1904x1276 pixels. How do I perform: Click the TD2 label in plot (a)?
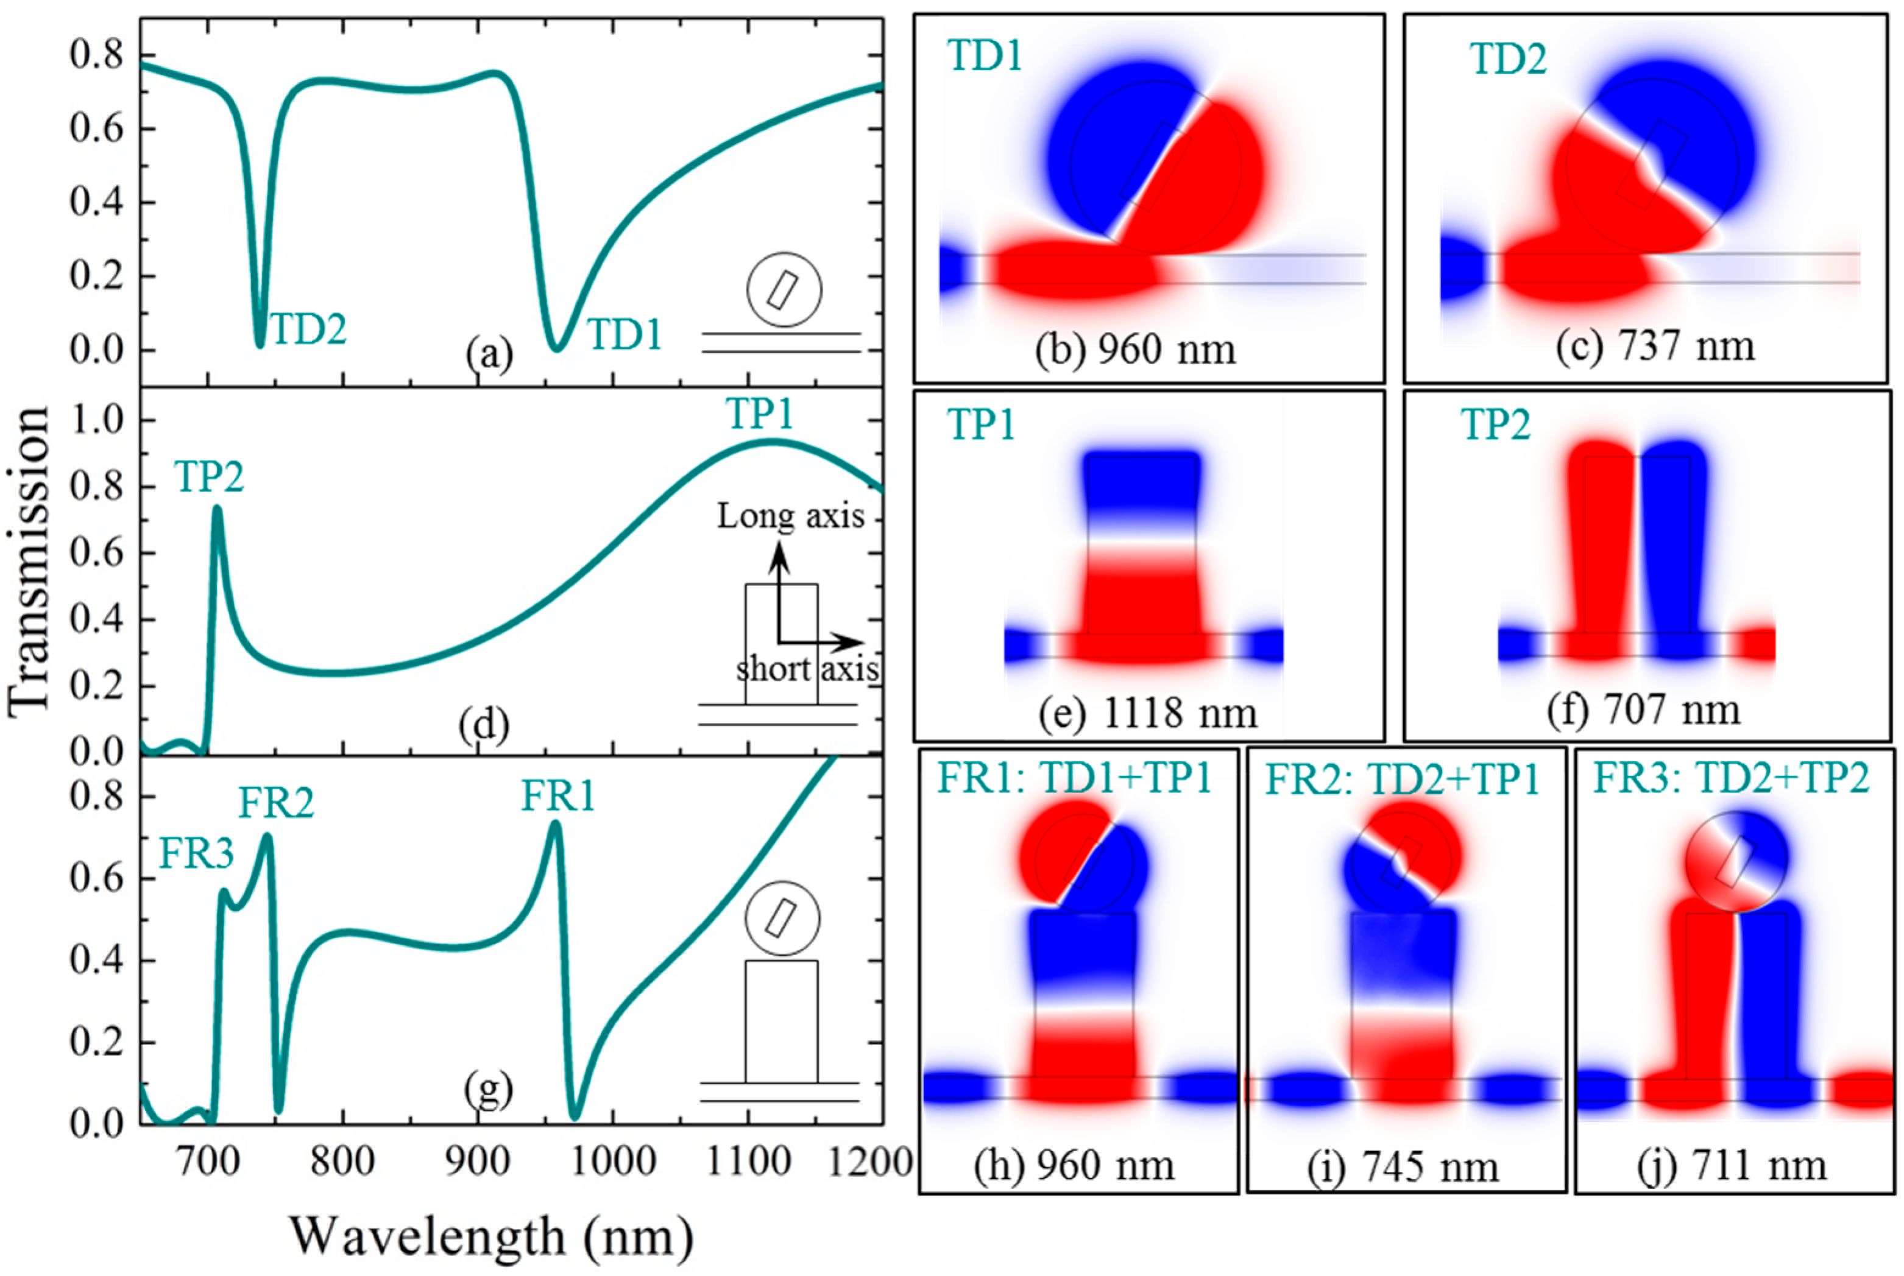(x=308, y=329)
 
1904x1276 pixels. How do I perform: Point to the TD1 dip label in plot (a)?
(x=625, y=334)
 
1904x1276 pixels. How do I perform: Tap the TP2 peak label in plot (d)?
(x=209, y=477)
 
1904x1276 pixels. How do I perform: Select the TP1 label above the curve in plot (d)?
(x=759, y=414)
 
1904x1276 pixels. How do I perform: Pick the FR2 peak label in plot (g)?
(x=276, y=804)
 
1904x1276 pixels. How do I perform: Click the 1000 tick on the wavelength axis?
(x=612, y=1162)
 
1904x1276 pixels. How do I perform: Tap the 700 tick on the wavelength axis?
(x=208, y=1162)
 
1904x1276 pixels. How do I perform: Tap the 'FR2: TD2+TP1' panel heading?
(x=1403, y=780)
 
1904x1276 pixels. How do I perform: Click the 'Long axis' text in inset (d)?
(x=790, y=516)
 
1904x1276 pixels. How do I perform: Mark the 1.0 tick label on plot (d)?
(x=97, y=421)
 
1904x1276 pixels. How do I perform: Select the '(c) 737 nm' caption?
(x=1655, y=347)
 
